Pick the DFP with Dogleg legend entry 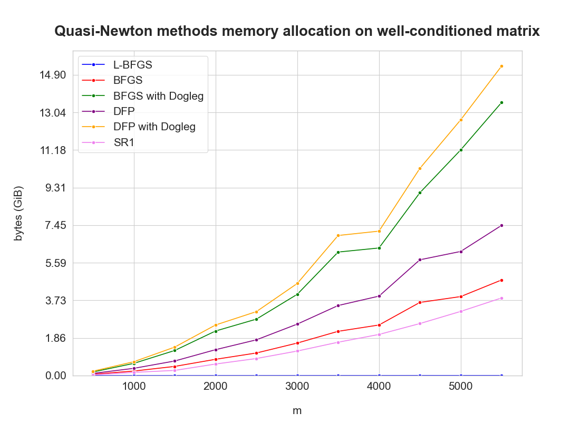(x=154, y=127)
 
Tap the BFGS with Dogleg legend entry (x=158, y=96)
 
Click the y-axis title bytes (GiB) (x=19, y=214)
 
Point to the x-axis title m (x=297, y=410)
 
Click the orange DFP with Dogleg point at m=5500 (x=501, y=66)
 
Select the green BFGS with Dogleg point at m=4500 (x=420, y=193)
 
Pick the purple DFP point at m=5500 (x=501, y=225)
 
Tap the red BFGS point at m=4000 (x=379, y=325)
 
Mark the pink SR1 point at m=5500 (x=501, y=298)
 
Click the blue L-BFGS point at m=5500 (x=501, y=376)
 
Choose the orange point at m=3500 (x=338, y=235)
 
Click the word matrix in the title (x=518, y=32)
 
